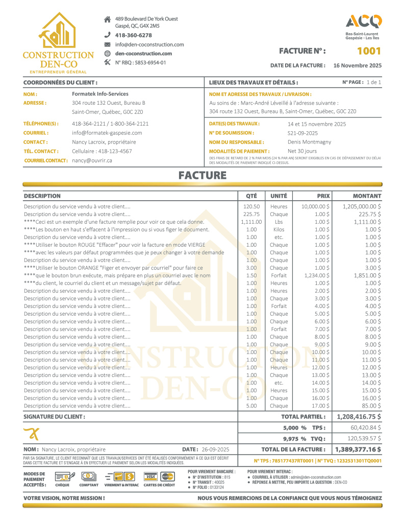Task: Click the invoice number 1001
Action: point(368,51)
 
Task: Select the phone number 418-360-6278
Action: point(134,35)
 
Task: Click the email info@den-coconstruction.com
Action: point(149,44)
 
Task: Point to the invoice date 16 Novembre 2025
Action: point(357,65)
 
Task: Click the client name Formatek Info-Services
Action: point(100,94)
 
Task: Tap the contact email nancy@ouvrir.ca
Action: point(92,160)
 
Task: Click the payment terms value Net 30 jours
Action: point(302,151)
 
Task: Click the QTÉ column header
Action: point(251,196)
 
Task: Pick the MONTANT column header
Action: point(367,196)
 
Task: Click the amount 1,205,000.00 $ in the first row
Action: point(362,206)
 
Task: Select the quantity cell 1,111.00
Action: point(251,222)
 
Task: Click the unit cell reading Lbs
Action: point(279,222)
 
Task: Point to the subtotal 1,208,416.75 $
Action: point(358,416)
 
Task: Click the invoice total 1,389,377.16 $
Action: point(358,449)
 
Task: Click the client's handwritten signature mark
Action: point(32,434)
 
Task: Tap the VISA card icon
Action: point(150,476)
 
